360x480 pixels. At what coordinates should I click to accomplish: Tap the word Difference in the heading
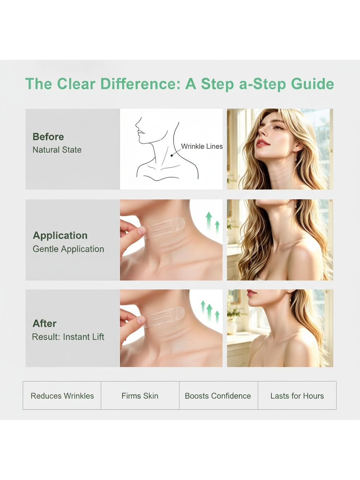[x=140, y=84]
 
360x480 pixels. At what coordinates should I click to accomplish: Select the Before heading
[x=48, y=137]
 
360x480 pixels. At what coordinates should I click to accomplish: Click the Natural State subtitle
[x=57, y=150]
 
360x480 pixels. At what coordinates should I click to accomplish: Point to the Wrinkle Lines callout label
[x=202, y=146]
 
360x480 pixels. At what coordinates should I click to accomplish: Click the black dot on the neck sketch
[x=172, y=155]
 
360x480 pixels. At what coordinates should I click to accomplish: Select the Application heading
[x=60, y=236]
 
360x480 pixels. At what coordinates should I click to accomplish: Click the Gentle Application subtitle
[x=68, y=249]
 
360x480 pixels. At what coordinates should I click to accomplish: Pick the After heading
[x=45, y=324]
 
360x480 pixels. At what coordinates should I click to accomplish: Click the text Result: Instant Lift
[x=68, y=337]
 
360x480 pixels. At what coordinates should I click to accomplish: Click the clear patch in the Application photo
[x=164, y=228]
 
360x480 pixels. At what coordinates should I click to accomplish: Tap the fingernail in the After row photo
[x=141, y=320]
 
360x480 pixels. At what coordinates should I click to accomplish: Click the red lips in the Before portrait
[x=263, y=142]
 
